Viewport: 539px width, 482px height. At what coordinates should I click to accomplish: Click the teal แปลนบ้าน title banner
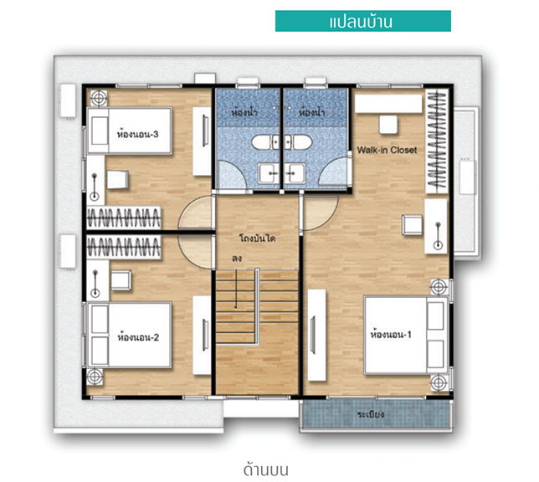(x=363, y=21)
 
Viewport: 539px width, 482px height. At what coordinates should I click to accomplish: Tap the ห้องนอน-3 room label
(x=138, y=134)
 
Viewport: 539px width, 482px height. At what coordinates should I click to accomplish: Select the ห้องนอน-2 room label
(x=138, y=337)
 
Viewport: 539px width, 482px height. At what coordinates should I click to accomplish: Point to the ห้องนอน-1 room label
(x=391, y=334)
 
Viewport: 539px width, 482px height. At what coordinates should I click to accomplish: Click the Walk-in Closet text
(x=387, y=150)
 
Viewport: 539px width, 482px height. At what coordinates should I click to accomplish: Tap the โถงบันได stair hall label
(x=258, y=238)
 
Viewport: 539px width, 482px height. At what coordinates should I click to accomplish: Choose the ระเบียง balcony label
(x=371, y=414)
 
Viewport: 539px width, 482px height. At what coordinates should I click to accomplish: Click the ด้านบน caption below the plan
(x=265, y=470)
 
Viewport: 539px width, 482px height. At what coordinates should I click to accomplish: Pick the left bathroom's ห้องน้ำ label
(x=244, y=112)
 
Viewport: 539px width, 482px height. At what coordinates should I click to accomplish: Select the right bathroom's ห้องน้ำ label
(x=311, y=112)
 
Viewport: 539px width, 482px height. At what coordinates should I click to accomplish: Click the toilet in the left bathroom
(x=265, y=142)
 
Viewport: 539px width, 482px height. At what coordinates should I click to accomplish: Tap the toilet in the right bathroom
(x=298, y=142)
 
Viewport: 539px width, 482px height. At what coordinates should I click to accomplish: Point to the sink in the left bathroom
(x=269, y=173)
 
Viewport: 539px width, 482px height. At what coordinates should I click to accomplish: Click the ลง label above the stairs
(x=237, y=259)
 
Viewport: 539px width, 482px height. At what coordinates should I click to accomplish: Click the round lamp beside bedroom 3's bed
(x=99, y=98)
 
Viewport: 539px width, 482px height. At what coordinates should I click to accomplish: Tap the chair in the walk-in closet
(x=388, y=125)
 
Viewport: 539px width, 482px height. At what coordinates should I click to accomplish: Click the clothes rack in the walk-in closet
(x=437, y=141)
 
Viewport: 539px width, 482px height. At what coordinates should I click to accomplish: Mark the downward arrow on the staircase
(x=236, y=288)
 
